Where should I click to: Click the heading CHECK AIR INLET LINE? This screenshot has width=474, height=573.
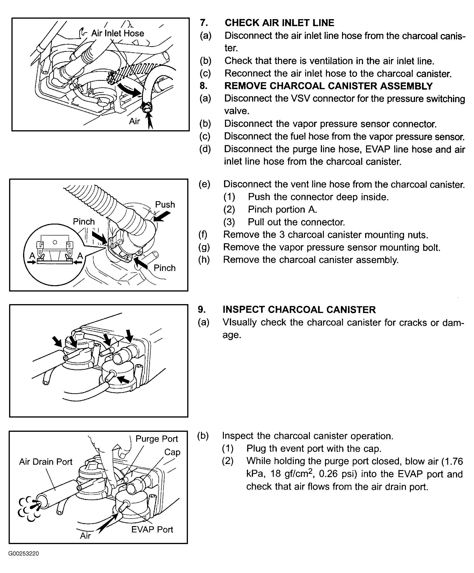pos(279,23)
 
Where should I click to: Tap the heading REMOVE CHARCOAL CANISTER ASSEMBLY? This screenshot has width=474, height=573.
pos(328,86)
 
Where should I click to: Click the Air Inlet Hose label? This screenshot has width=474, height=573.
pos(118,33)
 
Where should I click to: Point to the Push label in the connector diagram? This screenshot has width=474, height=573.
pos(165,204)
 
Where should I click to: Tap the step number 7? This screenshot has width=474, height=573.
pos(204,23)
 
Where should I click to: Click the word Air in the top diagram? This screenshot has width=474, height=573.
pos(134,121)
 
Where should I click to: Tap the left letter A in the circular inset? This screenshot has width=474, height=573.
pos(32,256)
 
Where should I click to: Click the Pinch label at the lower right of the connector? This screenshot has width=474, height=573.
pos(164,268)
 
